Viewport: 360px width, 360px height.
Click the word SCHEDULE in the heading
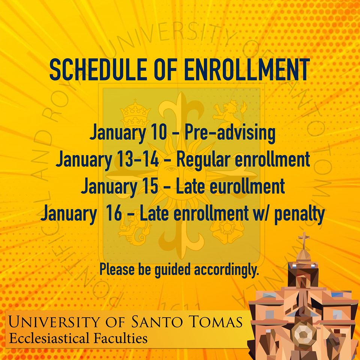click(x=98, y=69)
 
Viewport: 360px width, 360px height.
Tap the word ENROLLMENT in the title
click(x=247, y=69)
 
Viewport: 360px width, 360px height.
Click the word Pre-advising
click(x=230, y=133)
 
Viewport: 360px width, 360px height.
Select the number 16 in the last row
click(x=114, y=213)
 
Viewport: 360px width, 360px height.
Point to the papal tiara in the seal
click(x=135, y=113)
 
